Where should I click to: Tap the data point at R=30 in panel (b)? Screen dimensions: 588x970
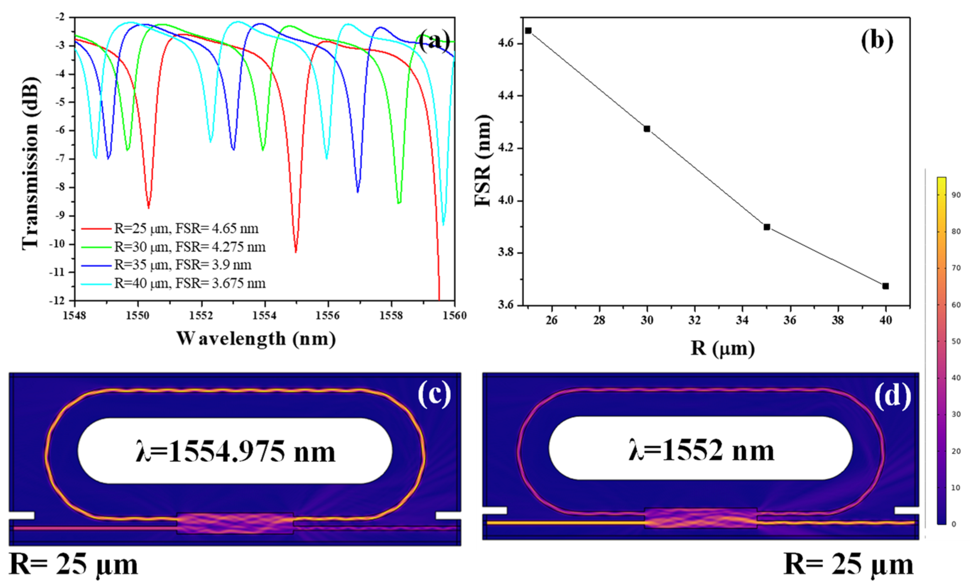tap(647, 129)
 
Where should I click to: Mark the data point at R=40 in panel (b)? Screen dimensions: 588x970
tap(885, 286)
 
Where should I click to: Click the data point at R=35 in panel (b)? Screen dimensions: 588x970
tap(767, 227)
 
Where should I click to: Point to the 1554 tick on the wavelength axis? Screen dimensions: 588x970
tap(265, 316)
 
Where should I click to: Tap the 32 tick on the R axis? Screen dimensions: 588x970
tap(695, 320)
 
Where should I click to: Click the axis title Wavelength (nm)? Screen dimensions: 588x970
tap(256, 339)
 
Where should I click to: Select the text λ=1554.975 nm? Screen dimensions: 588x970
tap(235, 451)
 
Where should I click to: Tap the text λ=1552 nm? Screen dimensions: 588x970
tap(701, 450)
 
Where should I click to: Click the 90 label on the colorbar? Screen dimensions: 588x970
tap(956, 195)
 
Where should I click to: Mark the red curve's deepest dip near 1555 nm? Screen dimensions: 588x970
tap(296, 251)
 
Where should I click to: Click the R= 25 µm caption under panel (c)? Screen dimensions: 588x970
tap(73, 564)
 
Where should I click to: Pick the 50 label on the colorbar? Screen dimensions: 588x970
tap(956, 341)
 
